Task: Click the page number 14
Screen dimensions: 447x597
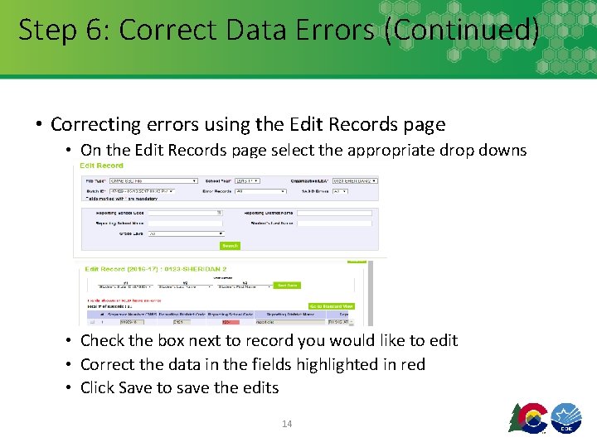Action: point(287,424)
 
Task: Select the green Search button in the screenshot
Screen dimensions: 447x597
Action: point(230,246)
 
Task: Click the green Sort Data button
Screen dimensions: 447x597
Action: point(287,286)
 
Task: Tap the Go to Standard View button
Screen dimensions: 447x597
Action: point(331,306)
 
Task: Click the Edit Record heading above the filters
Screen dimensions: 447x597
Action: point(101,166)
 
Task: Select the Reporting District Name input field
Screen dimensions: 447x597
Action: point(334,213)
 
